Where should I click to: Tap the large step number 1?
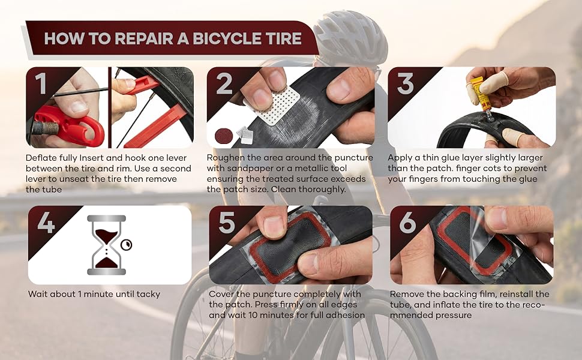tap(41, 84)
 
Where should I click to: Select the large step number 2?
tap(224, 84)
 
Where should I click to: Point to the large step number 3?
tap(405, 84)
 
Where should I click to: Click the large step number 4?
tap(46, 223)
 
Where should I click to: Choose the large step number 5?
tap(227, 223)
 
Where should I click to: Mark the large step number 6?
tap(407, 223)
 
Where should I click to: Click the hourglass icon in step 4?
tap(106, 245)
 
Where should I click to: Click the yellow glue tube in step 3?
tap(478, 91)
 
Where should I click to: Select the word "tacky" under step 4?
tap(148, 294)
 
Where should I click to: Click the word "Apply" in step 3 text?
tap(403, 158)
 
